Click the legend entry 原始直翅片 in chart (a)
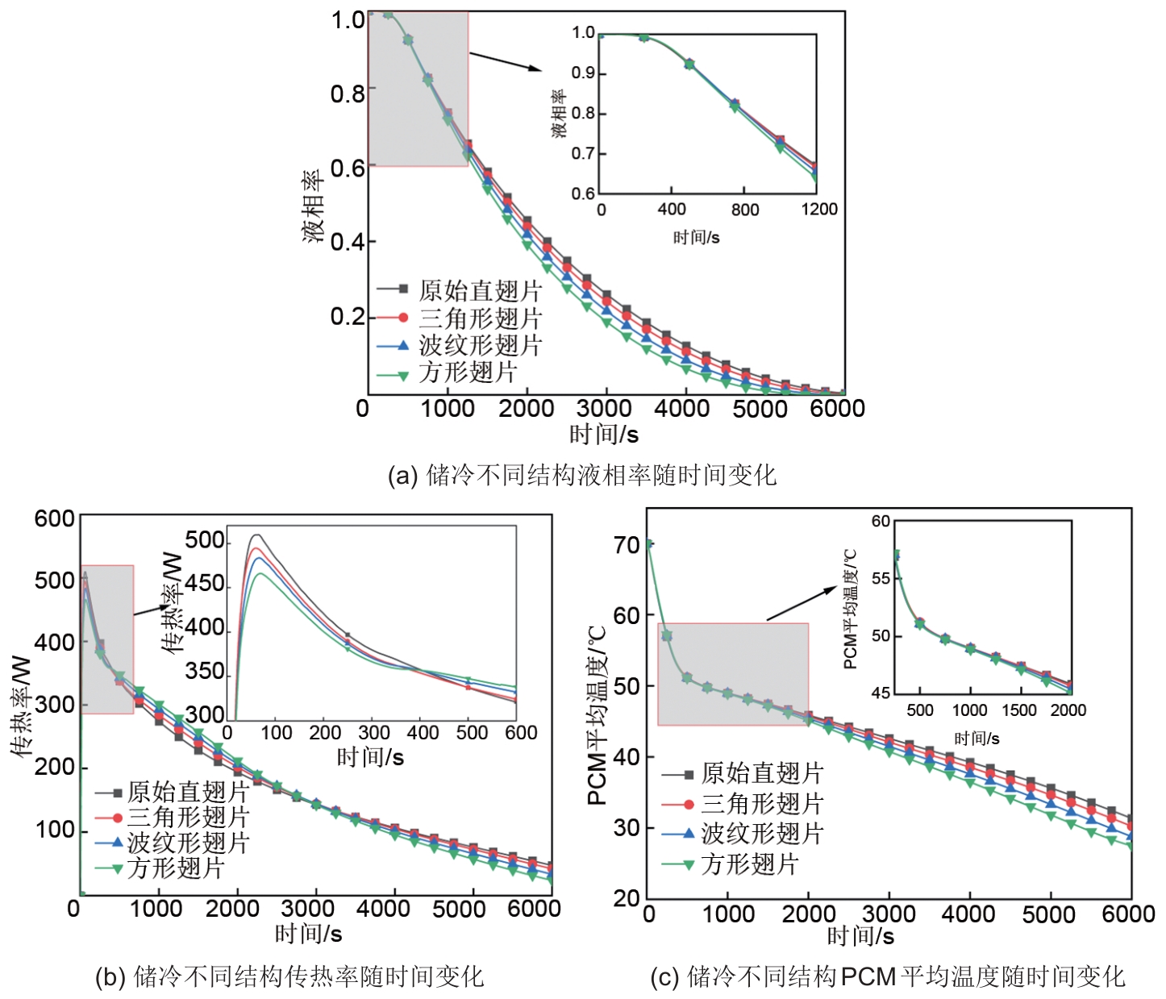[x=480, y=290]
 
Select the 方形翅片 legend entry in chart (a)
[x=468, y=373]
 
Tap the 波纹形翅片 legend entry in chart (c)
[x=761, y=834]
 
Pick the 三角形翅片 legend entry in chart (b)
[x=188, y=818]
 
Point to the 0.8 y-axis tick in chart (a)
[x=348, y=94]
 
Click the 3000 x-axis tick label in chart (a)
[x=604, y=408]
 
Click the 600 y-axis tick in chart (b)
[x=54, y=518]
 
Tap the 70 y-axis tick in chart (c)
[x=627, y=546]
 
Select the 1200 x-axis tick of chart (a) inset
[x=819, y=210]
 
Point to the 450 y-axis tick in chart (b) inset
[x=205, y=584]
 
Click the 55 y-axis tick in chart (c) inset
[x=881, y=578]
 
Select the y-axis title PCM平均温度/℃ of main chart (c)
[x=598, y=716]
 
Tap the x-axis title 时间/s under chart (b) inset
[x=370, y=757]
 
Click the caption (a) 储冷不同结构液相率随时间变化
[x=581, y=475]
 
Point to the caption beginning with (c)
[x=887, y=977]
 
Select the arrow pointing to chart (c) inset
[x=801, y=603]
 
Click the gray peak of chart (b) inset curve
[x=256, y=535]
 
